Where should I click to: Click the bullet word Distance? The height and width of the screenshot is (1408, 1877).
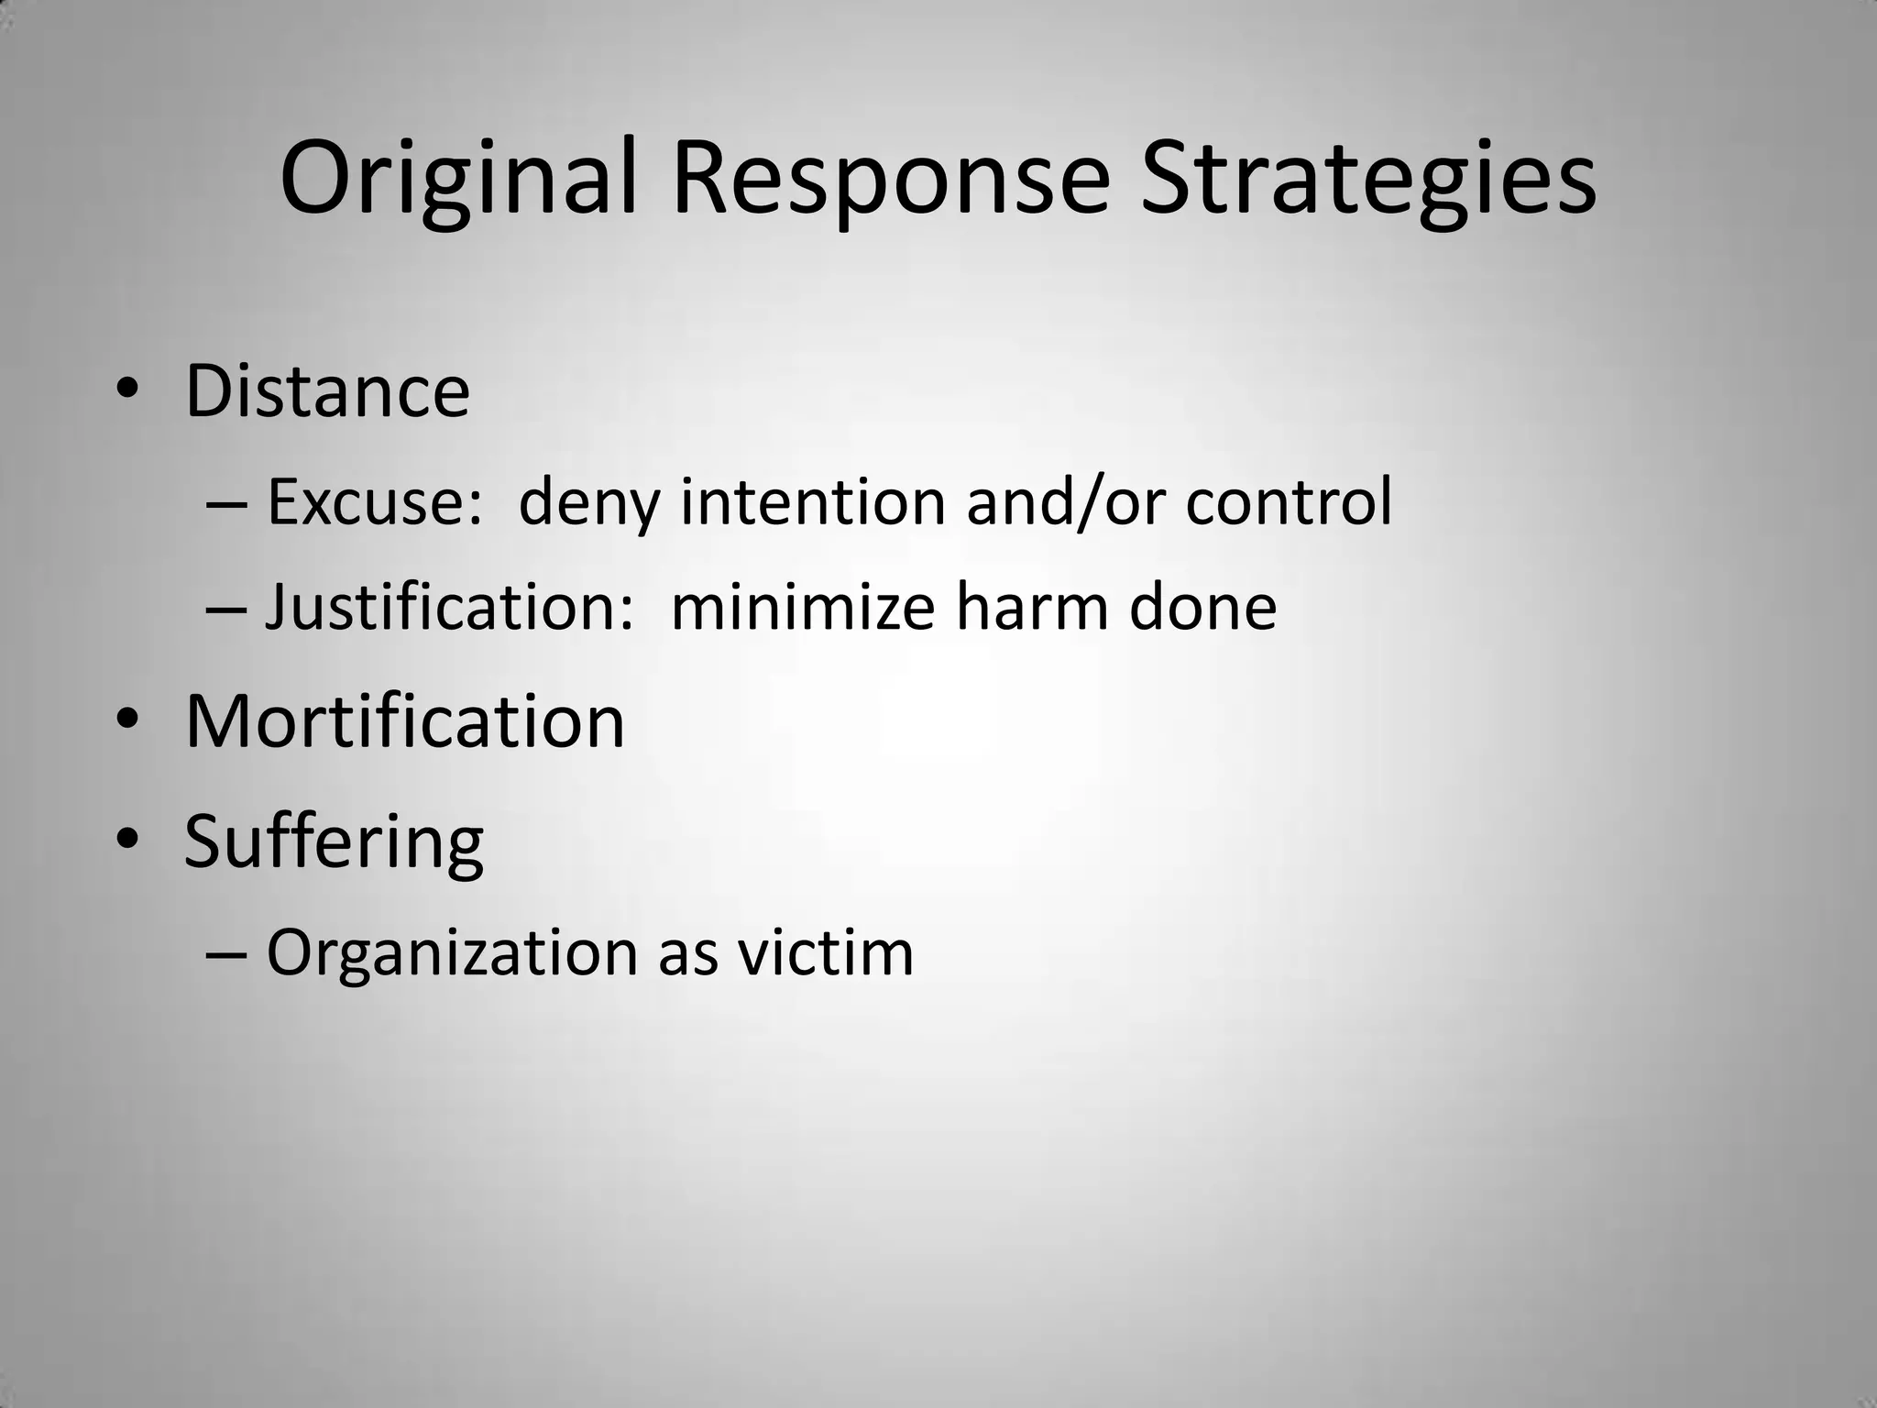coord(327,391)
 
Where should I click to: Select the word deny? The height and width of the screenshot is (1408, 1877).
coord(588,504)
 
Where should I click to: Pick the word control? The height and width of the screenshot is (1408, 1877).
coord(1289,502)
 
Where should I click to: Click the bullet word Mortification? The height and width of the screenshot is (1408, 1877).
coord(404,721)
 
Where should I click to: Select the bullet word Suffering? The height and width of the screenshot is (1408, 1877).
coord(334,841)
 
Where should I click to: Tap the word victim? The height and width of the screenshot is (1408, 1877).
coord(826,953)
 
